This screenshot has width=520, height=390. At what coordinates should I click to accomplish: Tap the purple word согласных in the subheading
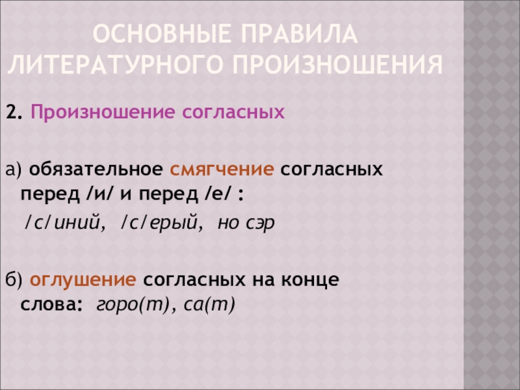point(234,113)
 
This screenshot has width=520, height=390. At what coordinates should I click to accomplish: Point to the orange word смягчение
point(222,170)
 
